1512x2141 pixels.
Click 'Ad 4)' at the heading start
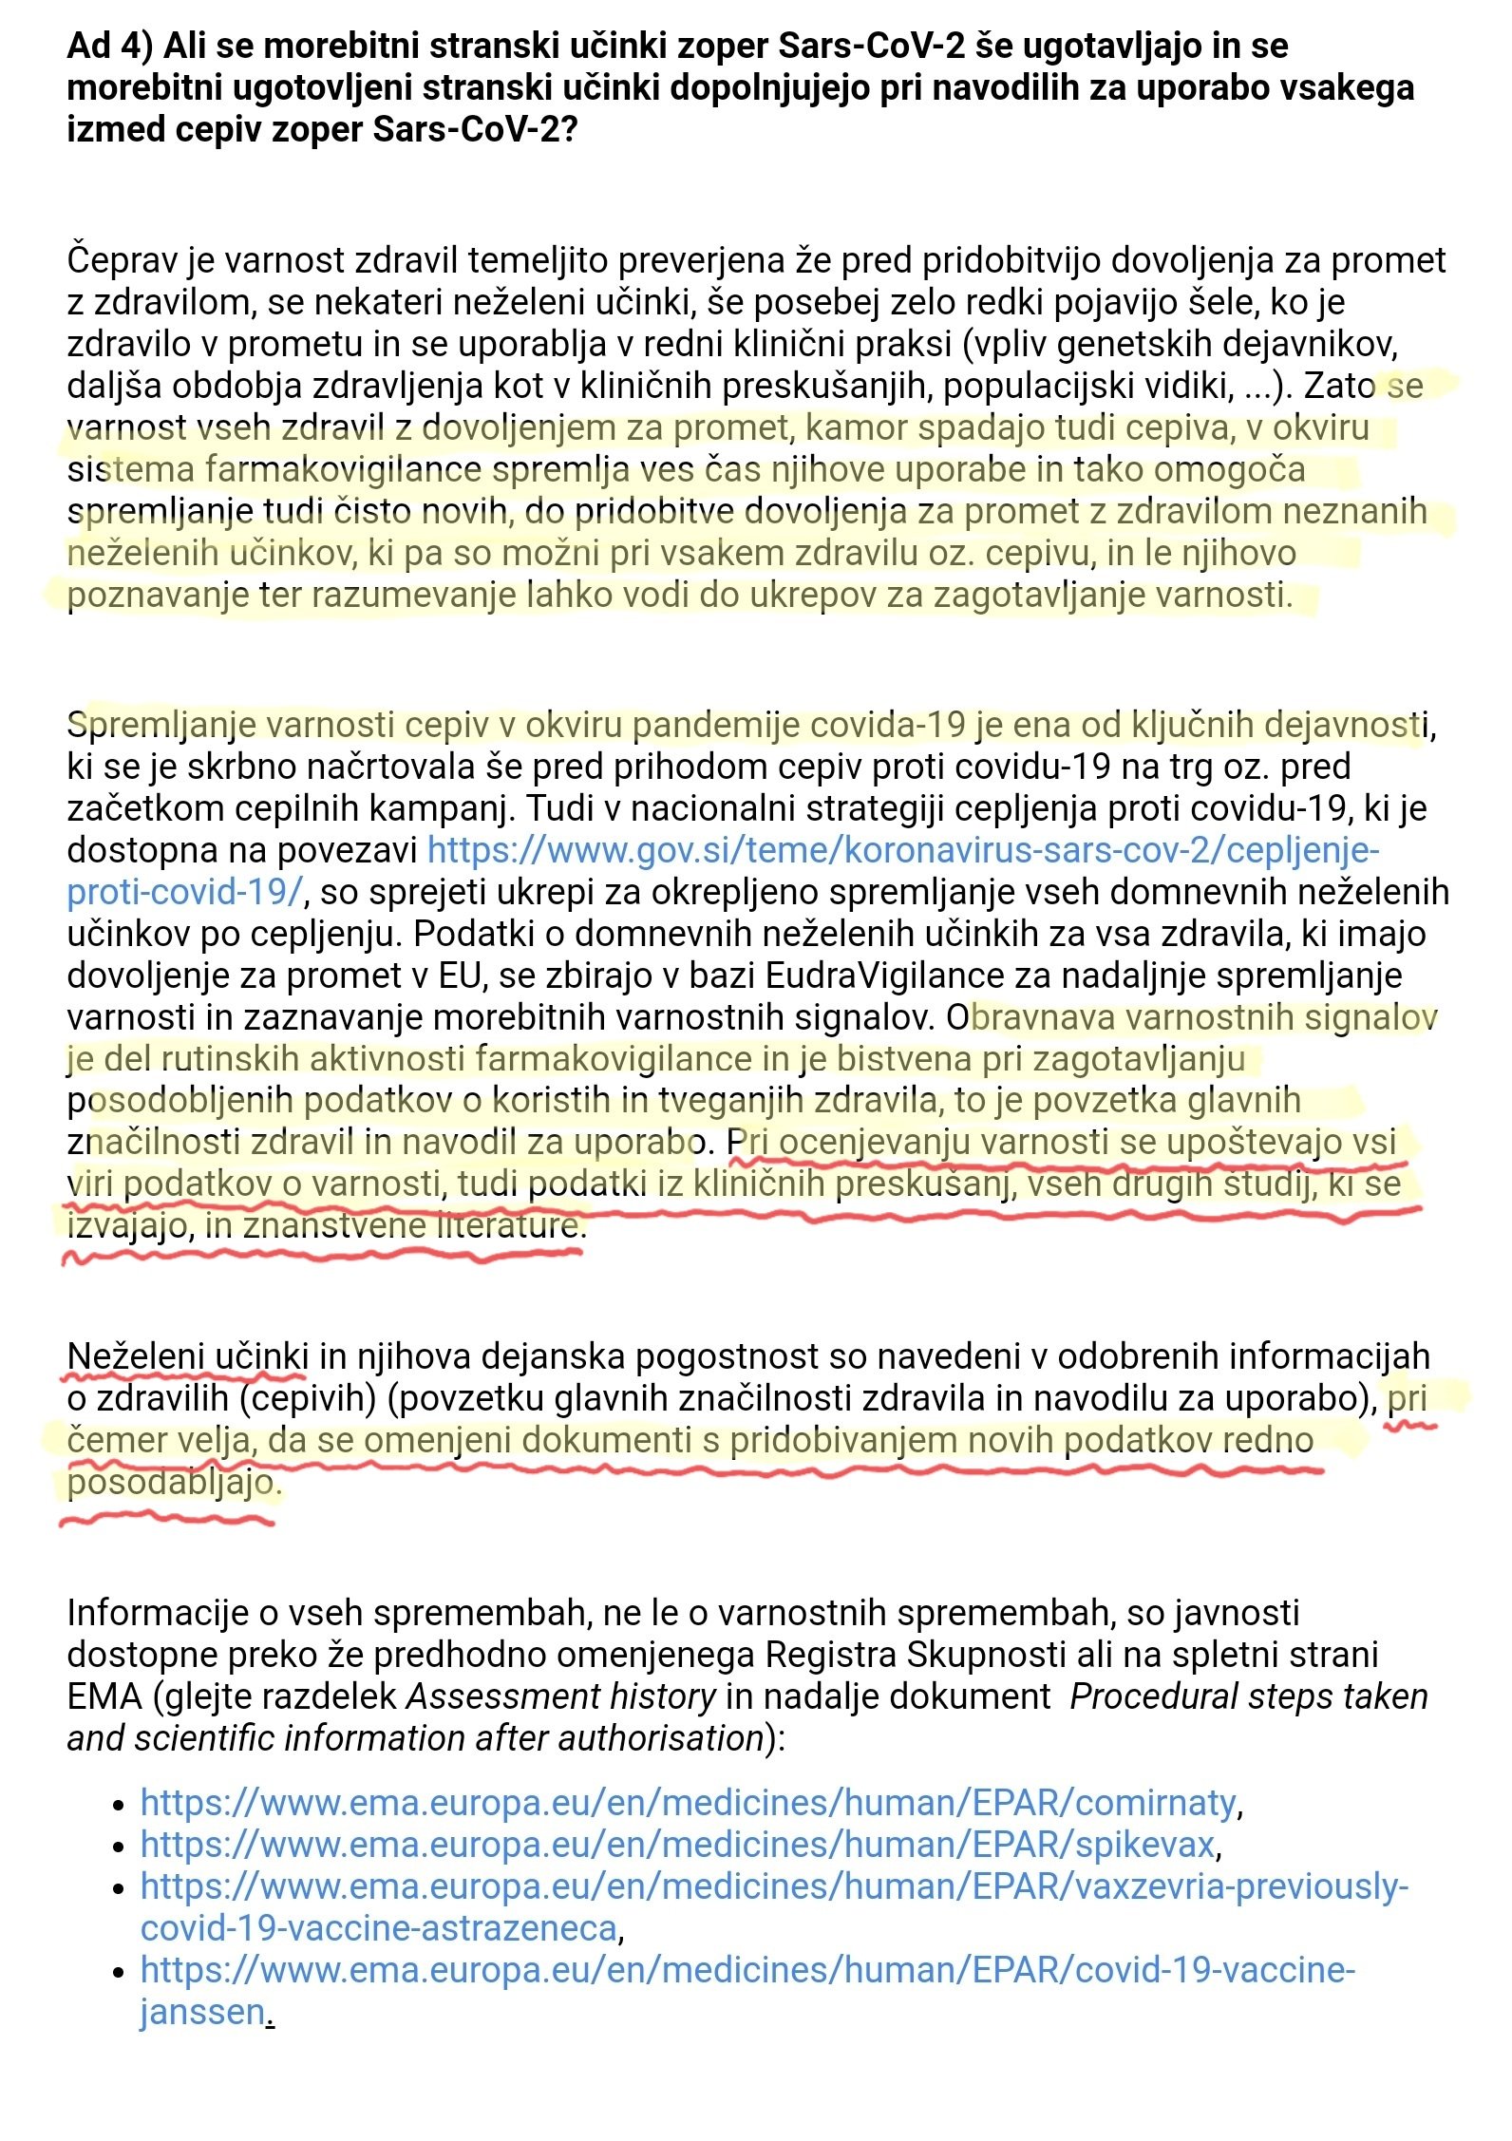click(109, 46)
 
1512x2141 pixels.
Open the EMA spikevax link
click(677, 1844)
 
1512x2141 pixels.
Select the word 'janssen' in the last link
click(202, 2011)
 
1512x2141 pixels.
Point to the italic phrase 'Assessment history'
click(561, 1696)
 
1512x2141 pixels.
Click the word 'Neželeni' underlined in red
click(134, 1355)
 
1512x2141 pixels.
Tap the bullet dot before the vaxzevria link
click(118, 1887)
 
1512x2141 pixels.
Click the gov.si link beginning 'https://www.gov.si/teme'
click(902, 849)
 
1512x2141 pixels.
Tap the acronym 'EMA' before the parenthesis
click(104, 1696)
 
